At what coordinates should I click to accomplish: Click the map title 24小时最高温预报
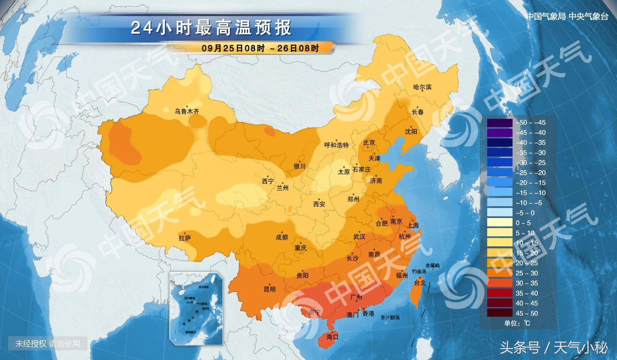point(211,28)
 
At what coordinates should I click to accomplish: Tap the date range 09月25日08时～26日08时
point(260,48)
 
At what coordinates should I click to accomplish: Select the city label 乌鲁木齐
point(187,111)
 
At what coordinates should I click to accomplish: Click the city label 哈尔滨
point(422,87)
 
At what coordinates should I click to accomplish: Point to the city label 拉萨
point(184,238)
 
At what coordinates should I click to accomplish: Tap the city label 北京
point(369,143)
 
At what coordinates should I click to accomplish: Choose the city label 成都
point(282,237)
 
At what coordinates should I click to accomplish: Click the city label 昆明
point(269,289)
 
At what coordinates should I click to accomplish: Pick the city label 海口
point(332,337)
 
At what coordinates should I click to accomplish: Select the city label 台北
point(420,283)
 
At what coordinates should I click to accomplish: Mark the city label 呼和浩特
point(336,145)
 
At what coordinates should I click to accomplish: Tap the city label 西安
point(319,204)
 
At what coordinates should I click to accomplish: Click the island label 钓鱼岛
point(419,271)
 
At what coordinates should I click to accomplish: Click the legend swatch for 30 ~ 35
point(500,283)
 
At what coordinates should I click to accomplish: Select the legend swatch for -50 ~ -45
point(500,122)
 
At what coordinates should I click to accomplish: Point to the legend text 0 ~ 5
point(523,223)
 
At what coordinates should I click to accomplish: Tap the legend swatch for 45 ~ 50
point(500,313)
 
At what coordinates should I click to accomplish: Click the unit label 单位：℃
point(517,323)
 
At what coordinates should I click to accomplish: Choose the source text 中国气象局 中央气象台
point(567,17)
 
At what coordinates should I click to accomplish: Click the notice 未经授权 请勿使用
point(47,344)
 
